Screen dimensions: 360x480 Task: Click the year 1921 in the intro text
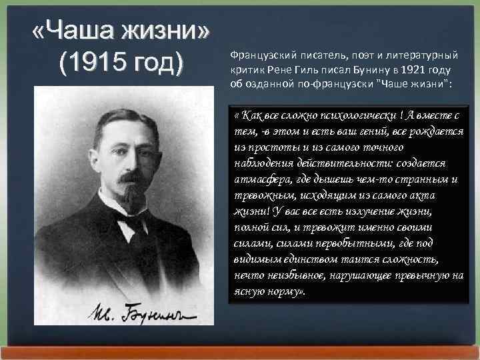393,70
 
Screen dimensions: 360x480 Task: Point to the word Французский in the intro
259,57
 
